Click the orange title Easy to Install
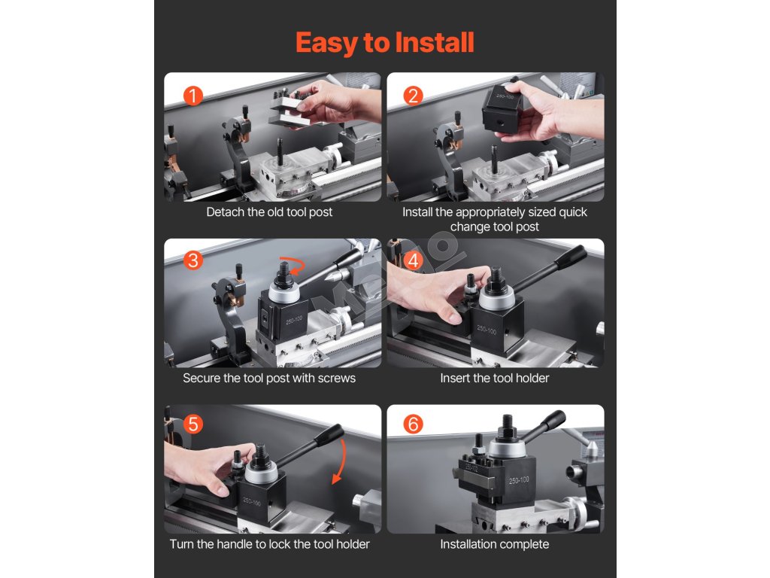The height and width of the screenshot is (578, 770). (x=384, y=43)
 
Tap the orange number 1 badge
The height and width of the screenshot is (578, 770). (x=193, y=96)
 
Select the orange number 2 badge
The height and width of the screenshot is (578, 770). (x=413, y=96)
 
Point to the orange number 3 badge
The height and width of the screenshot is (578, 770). (x=193, y=260)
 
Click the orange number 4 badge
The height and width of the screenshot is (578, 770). (x=413, y=260)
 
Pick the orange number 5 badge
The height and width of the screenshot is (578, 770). (x=193, y=424)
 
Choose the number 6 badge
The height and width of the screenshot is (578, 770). (x=413, y=424)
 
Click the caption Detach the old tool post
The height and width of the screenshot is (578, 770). (x=269, y=212)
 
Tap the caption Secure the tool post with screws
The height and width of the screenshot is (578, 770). (x=269, y=378)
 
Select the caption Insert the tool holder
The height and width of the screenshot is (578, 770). (x=495, y=378)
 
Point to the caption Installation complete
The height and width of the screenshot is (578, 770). (x=495, y=545)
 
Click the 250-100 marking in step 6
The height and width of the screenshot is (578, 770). (x=519, y=479)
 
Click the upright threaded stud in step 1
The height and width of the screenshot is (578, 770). (x=280, y=152)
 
